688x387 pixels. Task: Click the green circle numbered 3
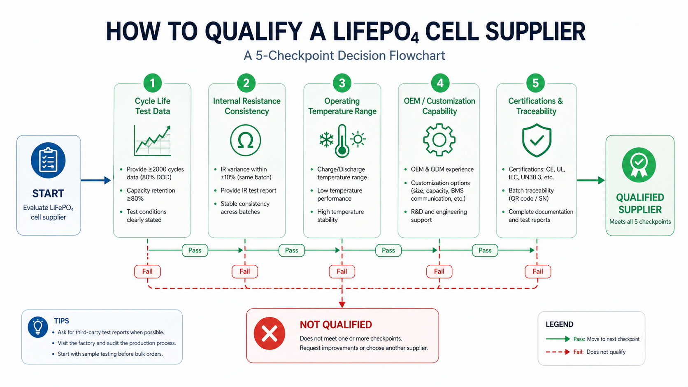coord(342,83)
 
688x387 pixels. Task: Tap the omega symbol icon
coord(245,141)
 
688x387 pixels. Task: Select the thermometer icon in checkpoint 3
coord(342,141)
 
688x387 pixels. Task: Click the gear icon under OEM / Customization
coord(439,140)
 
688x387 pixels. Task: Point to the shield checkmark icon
coord(536,141)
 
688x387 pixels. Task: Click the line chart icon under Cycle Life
coord(152,141)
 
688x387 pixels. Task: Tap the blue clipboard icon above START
coord(48,160)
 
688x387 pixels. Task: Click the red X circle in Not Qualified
coord(270,334)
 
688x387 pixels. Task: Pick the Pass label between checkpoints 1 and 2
coord(195,250)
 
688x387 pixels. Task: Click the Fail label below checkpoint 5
coord(537,271)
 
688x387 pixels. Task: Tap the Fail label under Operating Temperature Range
coord(342,271)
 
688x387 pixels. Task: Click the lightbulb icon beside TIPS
coord(38,327)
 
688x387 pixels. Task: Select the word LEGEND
coord(559,324)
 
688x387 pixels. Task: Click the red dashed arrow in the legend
coord(558,352)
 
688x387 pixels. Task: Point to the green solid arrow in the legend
coord(558,339)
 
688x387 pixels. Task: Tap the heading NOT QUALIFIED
coord(335,325)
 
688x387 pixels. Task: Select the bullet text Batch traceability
coord(531,190)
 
